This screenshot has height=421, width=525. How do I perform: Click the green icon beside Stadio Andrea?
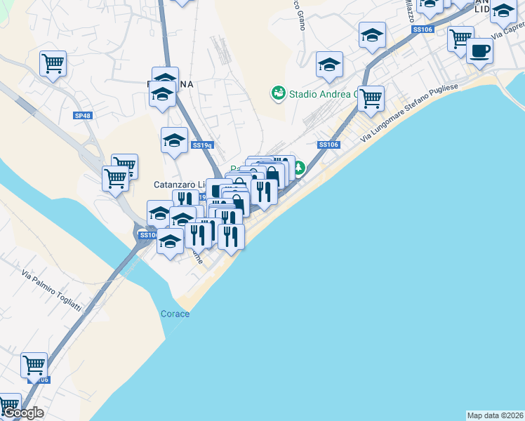tap(278, 93)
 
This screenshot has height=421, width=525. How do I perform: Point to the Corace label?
tap(175, 314)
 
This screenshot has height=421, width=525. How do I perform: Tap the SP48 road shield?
tap(82, 115)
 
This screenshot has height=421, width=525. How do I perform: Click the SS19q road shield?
tap(202, 145)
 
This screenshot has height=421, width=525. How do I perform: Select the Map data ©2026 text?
tap(496, 415)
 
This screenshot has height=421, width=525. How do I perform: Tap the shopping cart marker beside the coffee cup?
tap(460, 39)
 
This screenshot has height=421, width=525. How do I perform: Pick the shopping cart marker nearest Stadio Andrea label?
tap(371, 99)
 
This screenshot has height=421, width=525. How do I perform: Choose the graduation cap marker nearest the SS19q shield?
tap(174, 140)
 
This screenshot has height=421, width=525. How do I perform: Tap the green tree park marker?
tap(299, 168)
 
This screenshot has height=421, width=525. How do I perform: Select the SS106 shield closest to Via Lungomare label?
tap(328, 145)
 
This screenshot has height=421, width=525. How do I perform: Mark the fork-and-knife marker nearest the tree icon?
tap(264, 191)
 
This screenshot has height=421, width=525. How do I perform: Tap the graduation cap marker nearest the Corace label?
tap(170, 243)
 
